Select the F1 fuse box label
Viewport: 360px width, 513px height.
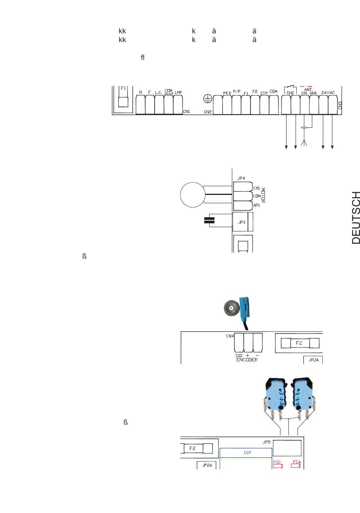click(123, 88)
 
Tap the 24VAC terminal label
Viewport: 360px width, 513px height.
click(328, 93)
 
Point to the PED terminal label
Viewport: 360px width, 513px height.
click(227, 93)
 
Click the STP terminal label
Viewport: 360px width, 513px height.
click(264, 93)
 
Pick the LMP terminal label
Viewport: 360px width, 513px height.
click(178, 93)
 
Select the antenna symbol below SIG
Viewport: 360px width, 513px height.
click(304, 143)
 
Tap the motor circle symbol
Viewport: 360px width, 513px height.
click(192, 195)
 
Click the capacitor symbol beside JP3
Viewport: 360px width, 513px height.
click(209, 220)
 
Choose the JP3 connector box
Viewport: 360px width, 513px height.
click(242, 222)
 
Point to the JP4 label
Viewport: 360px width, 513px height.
click(241, 178)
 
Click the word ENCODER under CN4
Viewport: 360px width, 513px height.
click(247, 360)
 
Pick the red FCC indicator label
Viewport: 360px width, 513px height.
click(277, 463)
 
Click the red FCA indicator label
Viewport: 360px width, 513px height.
click(296, 462)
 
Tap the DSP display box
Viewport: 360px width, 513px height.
click(247, 453)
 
